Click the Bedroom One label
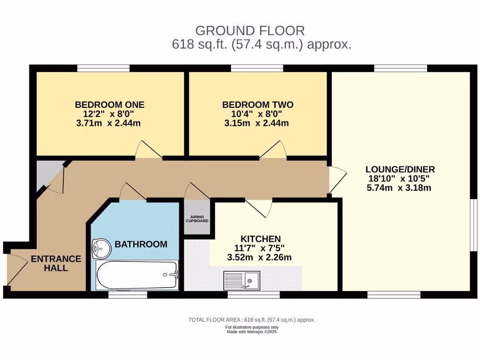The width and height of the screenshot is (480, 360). (110, 105)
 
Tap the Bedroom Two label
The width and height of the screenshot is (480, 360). (258, 105)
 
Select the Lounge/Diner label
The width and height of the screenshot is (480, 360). (400, 169)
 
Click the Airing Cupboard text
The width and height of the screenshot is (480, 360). (197, 219)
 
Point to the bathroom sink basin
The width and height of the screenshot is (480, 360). (101, 248)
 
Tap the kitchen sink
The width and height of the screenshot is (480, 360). (242, 280)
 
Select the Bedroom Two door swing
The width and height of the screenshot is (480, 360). (273, 150)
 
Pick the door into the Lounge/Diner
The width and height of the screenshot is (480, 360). (337, 180)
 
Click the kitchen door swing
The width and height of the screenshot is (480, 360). (259, 209)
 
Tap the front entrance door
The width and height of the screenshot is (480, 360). (17, 270)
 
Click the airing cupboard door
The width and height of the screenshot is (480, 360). (197, 191)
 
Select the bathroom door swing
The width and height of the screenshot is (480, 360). (133, 192)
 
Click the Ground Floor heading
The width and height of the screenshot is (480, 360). (250, 30)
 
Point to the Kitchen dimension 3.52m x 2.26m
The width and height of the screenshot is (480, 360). (259, 257)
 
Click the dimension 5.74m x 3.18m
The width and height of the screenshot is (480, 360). (399, 187)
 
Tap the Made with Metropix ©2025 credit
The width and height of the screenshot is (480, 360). (252, 331)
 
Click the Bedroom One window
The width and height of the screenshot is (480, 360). (103, 68)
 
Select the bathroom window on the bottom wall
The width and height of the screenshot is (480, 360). (127, 294)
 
